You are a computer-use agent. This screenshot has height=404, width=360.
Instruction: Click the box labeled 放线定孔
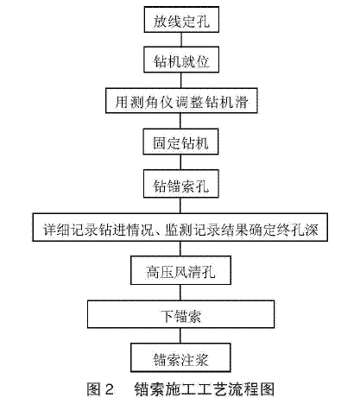tap(181, 20)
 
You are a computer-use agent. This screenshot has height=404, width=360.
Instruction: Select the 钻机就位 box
tap(181, 60)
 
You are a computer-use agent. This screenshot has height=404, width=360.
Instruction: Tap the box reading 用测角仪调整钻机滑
tap(181, 100)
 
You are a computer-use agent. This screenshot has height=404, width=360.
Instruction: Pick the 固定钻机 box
tap(180, 142)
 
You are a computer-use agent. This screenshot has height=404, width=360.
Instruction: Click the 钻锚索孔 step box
tap(181, 184)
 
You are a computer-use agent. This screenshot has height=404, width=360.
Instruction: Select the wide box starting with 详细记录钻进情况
tap(180, 227)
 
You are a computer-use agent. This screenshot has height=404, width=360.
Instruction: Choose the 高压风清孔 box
tap(180, 270)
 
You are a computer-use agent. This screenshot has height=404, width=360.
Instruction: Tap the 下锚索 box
tap(180, 314)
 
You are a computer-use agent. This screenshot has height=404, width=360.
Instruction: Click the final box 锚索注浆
tap(180, 357)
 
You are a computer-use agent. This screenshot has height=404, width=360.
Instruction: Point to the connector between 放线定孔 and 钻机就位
tap(181, 40)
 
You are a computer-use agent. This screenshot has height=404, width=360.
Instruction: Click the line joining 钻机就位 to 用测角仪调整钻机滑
tap(181, 80)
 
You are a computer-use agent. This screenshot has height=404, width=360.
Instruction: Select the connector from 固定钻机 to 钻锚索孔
tap(180, 162)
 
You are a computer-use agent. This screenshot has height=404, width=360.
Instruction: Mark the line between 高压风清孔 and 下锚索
tap(180, 293)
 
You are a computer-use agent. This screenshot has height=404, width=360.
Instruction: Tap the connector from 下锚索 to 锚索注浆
tap(180, 336)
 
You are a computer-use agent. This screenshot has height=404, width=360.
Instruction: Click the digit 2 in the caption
tap(109, 389)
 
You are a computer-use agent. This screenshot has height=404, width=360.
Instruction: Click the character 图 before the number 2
tap(94, 389)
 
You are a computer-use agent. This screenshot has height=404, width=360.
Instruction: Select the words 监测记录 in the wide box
tap(193, 230)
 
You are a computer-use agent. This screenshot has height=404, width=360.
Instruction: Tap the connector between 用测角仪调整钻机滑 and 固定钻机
tap(180, 121)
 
